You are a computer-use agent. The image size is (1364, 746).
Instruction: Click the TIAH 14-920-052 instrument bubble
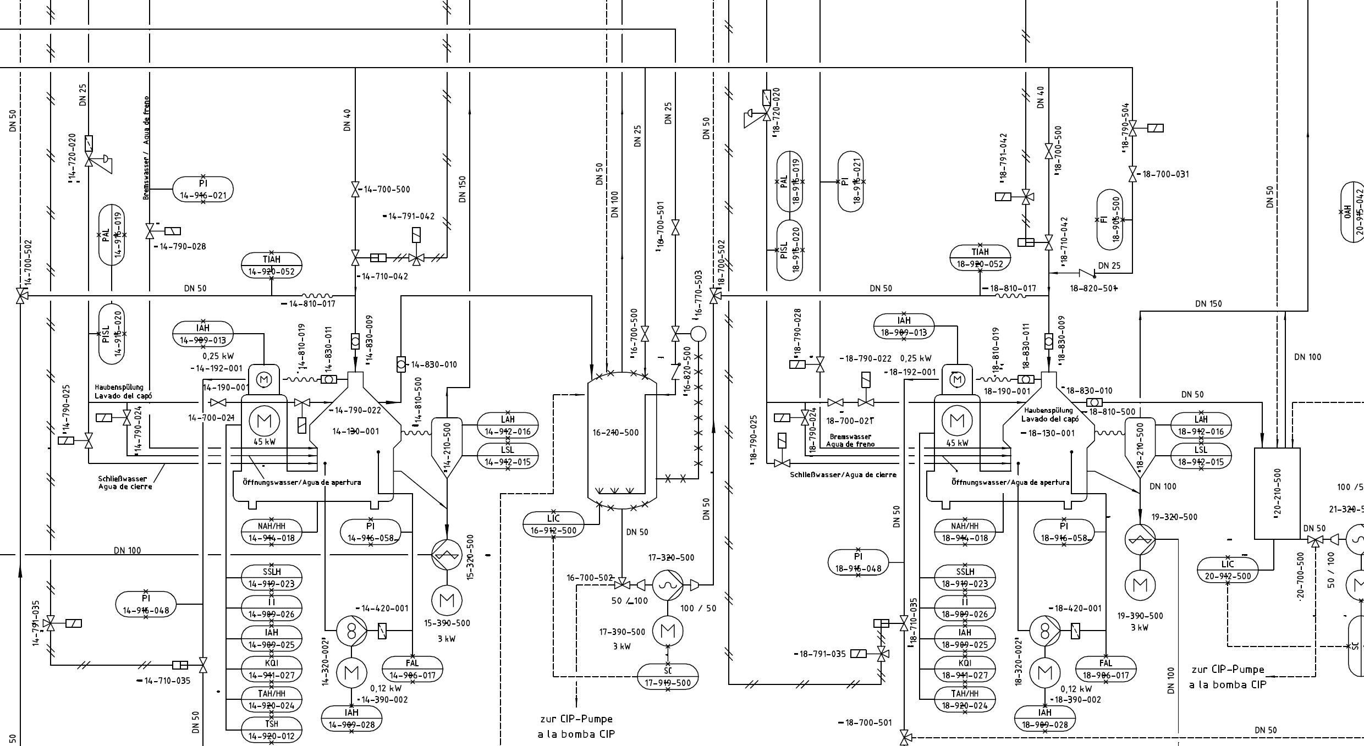coord(271,266)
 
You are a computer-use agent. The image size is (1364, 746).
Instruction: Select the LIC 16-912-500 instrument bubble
coord(553,524)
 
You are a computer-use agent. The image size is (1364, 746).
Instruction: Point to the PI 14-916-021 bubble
coord(203,189)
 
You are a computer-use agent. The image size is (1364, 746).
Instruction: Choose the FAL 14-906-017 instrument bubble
coord(413,670)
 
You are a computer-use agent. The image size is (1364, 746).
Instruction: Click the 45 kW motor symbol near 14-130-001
coord(264,421)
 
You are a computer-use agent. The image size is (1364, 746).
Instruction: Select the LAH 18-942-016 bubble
coord(1201,426)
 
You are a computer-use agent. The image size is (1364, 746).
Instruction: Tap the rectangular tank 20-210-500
coord(1277,493)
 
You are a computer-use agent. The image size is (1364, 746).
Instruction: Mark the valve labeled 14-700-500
coord(355,190)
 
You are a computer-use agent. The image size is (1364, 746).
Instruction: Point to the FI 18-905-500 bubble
coord(1109,219)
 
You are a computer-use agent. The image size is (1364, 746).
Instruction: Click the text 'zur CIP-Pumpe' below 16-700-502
coord(576,719)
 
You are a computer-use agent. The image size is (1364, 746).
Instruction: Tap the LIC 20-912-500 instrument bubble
coord(1228,570)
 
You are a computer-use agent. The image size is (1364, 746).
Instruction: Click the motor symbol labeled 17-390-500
coord(668,630)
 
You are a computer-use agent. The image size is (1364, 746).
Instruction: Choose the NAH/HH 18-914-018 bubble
coord(965,532)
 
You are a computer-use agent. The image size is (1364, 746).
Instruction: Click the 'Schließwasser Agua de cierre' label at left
coord(125,483)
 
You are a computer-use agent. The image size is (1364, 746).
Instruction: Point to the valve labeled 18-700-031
coord(1132,175)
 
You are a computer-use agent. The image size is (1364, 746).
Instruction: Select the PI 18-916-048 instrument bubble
coord(858,562)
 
